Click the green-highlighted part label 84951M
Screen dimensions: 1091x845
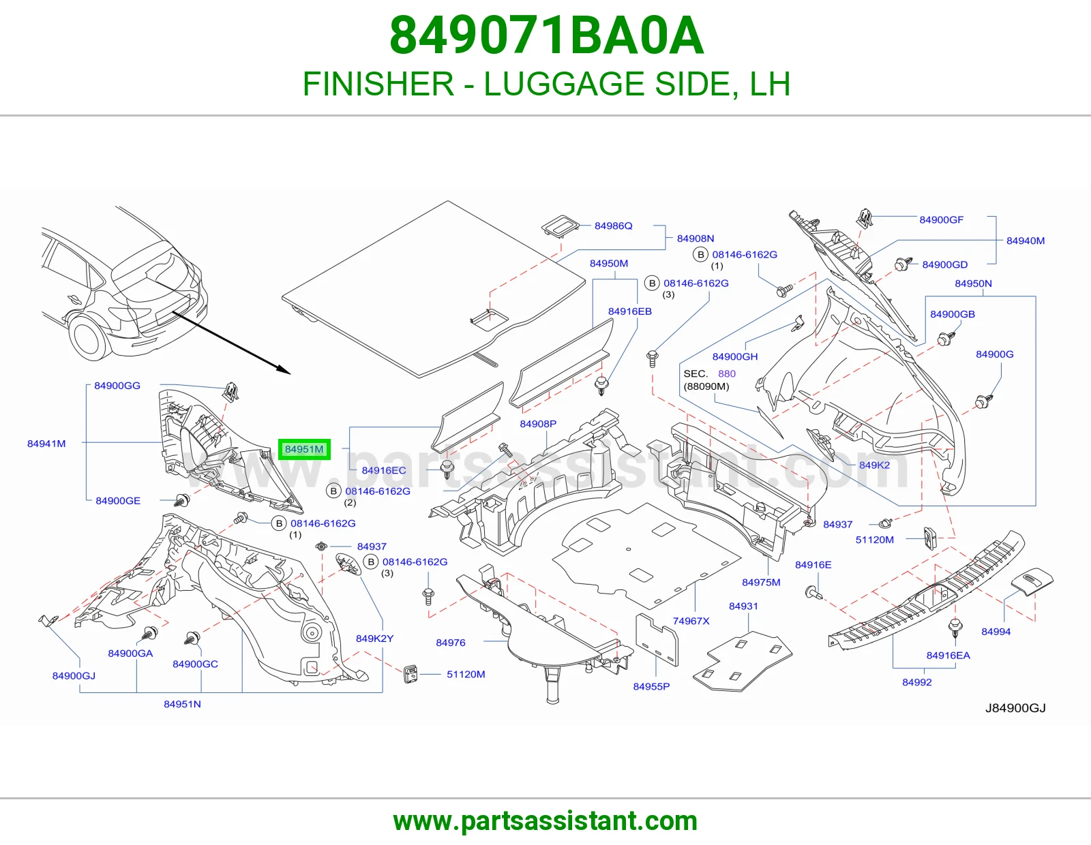click(x=304, y=449)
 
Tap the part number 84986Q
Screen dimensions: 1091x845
click(x=613, y=226)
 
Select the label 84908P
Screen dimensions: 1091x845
click(x=538, y=424)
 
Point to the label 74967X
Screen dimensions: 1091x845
click(x=691, y=621)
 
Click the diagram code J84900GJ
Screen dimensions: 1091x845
click(x=1015, y=708)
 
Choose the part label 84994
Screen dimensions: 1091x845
click(x=996, y=632)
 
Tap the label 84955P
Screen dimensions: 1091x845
click(x=651, y=686)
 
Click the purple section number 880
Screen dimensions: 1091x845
click(x=726, y=374)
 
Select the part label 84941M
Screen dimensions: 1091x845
click(x=46, y=444)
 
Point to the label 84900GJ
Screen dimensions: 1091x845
click(x=74, y=676)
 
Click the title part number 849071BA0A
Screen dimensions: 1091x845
click(x=546, y=36)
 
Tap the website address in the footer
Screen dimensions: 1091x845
click(x=545, y=821)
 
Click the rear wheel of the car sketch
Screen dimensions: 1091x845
click(x=89, y=336)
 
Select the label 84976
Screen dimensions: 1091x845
click(x=450, y=643)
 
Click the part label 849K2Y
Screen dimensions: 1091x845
click(x=374, y=639)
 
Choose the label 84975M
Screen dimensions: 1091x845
click(x=761, y=583)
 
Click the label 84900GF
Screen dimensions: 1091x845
click(x=942, y=220)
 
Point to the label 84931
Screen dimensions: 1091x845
click(x=743, y=606)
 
